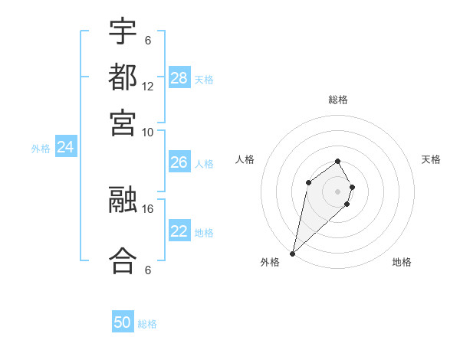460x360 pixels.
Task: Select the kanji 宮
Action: tap(123, 123)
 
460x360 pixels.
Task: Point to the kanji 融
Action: tap(123, 201)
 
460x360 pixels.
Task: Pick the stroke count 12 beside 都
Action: tap(148, 87)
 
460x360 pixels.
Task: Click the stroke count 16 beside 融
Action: tap(148, 208)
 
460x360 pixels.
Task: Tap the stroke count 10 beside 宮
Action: tap(148, 132)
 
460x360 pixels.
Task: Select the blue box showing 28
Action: tap(179, 77)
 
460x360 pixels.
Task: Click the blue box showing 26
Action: tap(179, 162)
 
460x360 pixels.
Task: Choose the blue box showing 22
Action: tap(179, 231)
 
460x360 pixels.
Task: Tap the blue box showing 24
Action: tap(66, 147)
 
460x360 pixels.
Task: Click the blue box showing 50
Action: tap(123, 322)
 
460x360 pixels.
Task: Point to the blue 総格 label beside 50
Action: tap(147, 324)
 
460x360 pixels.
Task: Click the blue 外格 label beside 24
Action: tap(41, 149)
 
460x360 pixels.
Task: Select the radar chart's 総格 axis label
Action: tap(338, 100)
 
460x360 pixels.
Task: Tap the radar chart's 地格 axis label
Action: tap(402, 262)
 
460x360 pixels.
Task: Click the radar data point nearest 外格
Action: tap(293, 253)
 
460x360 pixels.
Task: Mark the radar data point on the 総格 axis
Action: tap(338, 161)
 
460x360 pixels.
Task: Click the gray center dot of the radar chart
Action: tap(338, 191)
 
